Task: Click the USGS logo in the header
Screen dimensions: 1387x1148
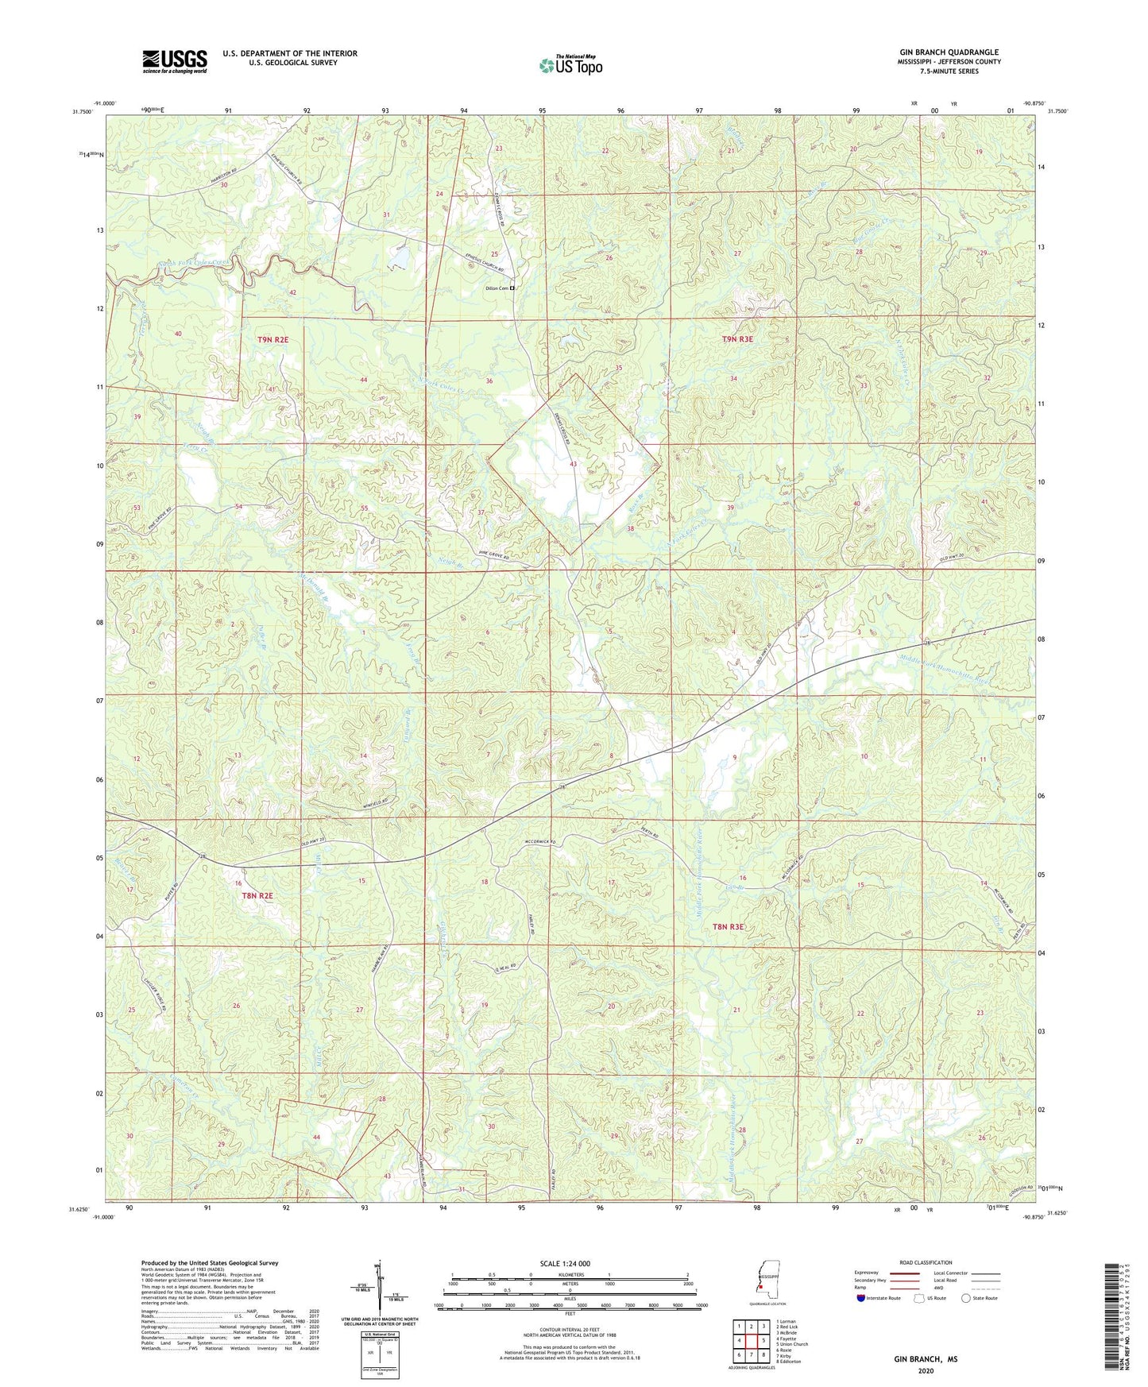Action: (x=175, y=60)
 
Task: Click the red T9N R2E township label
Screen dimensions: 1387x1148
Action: (x=273, y=339)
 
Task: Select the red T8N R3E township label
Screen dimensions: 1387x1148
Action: (x=729, y=926)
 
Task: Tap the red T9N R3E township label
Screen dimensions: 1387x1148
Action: (x=736, y=339)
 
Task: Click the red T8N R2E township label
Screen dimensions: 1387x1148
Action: (x=257, y=895)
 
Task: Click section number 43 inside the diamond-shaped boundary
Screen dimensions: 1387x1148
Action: (x=573, y=464)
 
